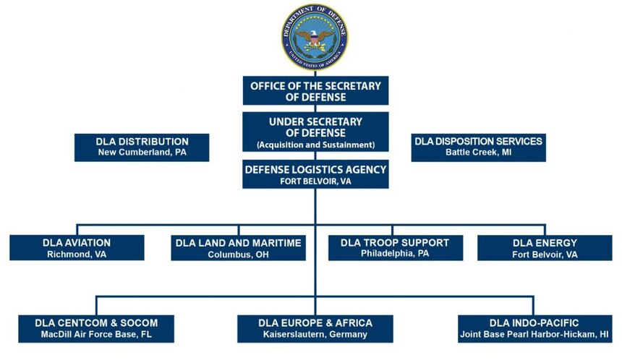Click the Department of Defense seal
pyautogui.click(x=315, y=38)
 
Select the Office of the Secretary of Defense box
pyautogui.click(x=316, y=91)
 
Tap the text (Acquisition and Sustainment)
pyautogui.click(x=316, y=145)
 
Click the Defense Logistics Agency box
pyautogui.click(x=316, y=174)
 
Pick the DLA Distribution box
pyautogui.click(x=142, y=147)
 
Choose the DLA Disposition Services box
pyautogui.click(x=478, y=147)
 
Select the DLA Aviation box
pyautogui.click(x=77, y=248)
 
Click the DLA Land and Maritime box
pyautogui.click(x=239, y=248)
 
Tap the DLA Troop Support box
pyautogui.click(x=396, y=248)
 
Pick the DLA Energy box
pyautogui.click(x=545, y=248)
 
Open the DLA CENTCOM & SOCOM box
pyautogui.click(x=96, y=329)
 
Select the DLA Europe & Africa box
pyautogui.click(x=315, y=329)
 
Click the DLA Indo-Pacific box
pyautogui.click(x=534, y=329)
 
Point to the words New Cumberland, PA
pyautogui.click(x=142, y=153)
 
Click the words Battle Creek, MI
pyautogui.click(x=478, y=153)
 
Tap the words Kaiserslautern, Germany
pyautogui.click(x=315, y=335)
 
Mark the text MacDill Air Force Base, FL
pyautogui.click(x=96, y=335)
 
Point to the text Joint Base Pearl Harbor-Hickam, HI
pyautogui.click(x=534, y=335)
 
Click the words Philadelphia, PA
pyautogui.click(x=395, y=254)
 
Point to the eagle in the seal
pyautogui.click(x=315, y=39)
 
